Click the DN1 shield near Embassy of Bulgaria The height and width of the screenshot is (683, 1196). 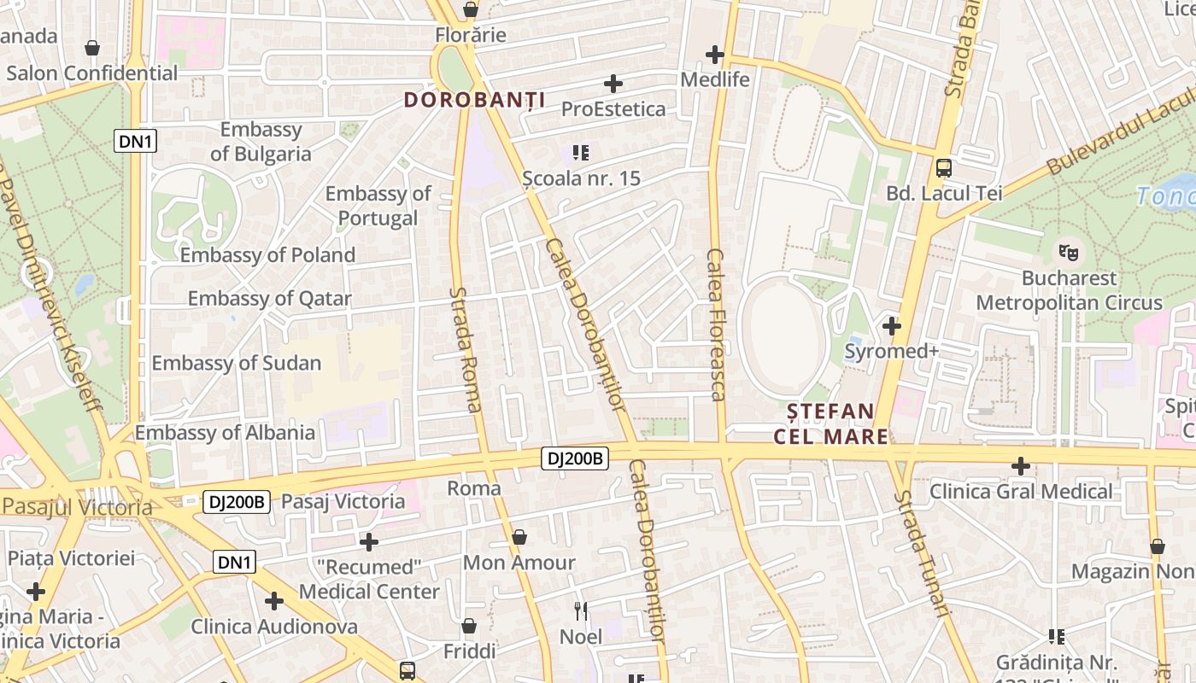pos(136,141)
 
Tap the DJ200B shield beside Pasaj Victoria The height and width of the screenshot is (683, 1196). pos(237,502)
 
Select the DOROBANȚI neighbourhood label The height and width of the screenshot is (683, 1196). pos(474,100)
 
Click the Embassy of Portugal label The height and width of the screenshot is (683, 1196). pos(378,206)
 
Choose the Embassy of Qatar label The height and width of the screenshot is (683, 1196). pos(269,299)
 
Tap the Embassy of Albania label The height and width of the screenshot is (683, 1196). pos(225,432)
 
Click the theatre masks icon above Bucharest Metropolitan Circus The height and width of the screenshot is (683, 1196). pos(1068,253)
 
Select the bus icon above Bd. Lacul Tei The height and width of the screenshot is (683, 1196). pos(944,168)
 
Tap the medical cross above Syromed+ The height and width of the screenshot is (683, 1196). pos(892,326)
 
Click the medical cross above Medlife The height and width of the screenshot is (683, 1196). pos(715,55)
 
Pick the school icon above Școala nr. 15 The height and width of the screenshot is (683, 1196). pos(581,153)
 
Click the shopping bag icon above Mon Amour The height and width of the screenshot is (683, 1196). pos(519,538)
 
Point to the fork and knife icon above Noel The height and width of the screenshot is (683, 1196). pos(581,611)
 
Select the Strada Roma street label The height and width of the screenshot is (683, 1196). pos(466,349)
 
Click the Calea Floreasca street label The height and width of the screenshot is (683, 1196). pos(716,324)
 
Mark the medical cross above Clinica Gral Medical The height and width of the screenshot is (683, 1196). pos(1021,466)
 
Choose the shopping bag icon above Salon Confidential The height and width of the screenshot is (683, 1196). pos(91,48)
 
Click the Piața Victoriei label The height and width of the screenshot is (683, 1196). pos(72,558)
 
